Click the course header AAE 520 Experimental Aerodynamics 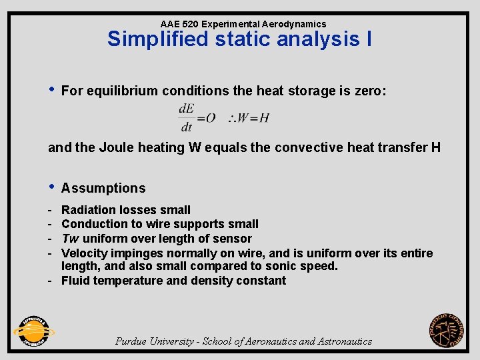pos(243,24)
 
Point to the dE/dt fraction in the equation pos(186,117)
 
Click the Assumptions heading pos(103,189)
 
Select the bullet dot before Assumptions pos(51,187)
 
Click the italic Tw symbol pos(70,239)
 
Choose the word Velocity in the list pos(84,253)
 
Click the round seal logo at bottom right pos(447,331)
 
